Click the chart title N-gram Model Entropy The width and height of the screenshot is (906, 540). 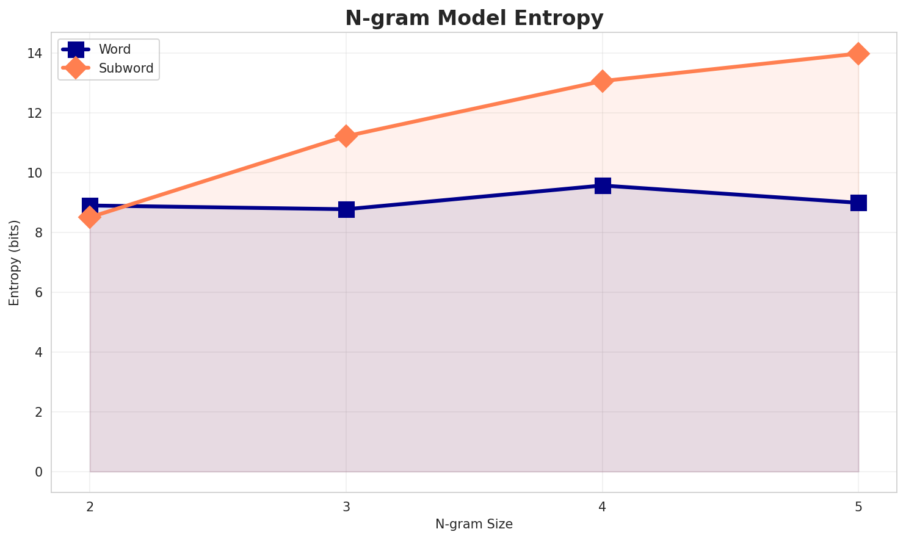(474, 18)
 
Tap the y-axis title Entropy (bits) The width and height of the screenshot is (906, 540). (14, 262)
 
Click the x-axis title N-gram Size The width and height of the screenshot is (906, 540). (474, 524)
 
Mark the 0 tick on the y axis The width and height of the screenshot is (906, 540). (38, 472)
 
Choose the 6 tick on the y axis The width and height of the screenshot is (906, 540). (38, 293)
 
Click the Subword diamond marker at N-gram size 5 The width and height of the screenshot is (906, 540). (858, 54)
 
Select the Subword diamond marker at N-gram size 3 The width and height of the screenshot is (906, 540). (346, 136)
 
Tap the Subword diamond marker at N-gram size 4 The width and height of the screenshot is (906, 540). (603, 81)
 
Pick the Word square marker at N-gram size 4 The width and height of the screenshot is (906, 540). (603, 185)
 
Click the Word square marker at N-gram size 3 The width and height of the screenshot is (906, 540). (346, 209)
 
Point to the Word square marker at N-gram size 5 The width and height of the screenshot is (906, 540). (858, 203)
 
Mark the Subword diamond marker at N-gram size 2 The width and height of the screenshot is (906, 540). (90, 217)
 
